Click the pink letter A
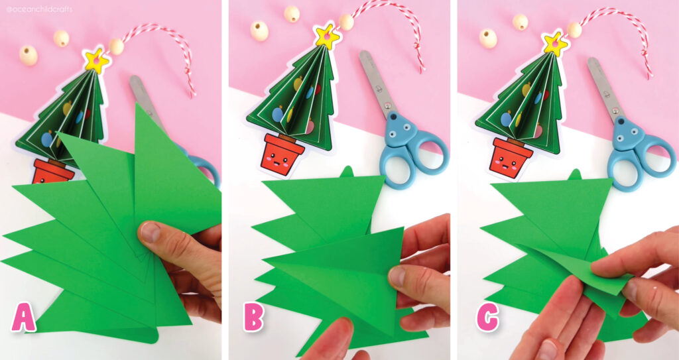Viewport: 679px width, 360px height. coord(24,317)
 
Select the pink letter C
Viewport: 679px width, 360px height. coord(487,318)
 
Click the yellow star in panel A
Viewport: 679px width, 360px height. coord(97,60)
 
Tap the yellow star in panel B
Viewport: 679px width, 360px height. coord(326,36)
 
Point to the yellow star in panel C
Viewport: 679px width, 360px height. coord(554,44)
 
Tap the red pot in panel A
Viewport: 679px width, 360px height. coord(52,172)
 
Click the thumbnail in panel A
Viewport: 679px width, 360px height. coord(150,232)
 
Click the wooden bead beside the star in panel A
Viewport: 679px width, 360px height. coord(116,46)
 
